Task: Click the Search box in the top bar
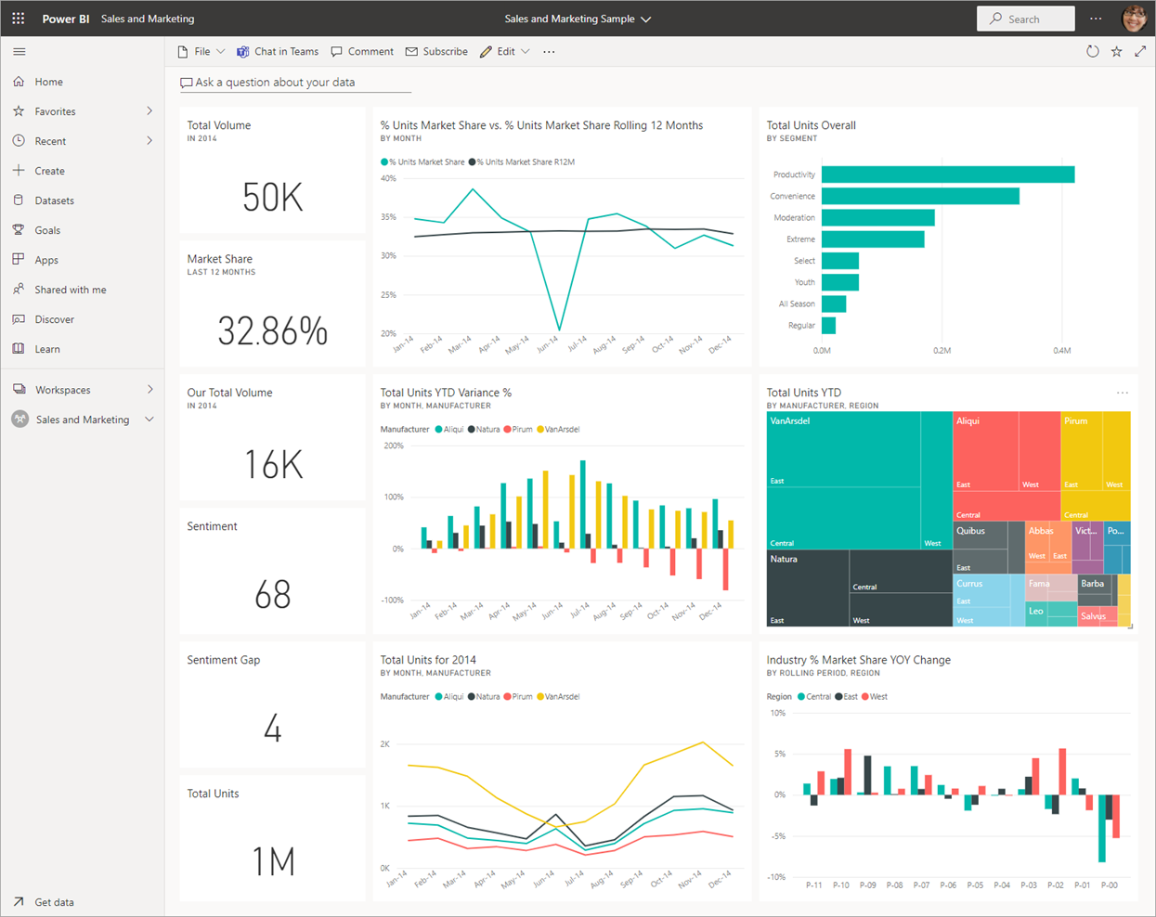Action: pos(1025,19)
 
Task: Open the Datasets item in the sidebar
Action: pos(54,200)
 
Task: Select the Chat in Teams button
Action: pos(278,52)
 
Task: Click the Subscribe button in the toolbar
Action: pos(436,52)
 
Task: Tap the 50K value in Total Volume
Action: pos(272,198)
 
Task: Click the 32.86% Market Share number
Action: pos(272,331)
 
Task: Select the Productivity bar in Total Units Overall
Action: pos(947,174)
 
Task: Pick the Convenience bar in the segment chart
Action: pos(919,196)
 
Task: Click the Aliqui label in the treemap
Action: pos(968,421)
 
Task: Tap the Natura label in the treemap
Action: pos(784,560)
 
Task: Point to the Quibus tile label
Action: pos(970,532)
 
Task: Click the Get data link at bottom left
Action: pos(54,902)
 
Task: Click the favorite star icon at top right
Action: pos(1116,52)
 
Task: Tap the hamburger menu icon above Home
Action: pos(19,52)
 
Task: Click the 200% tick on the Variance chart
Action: pos(393,446)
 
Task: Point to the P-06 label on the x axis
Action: pos(947,885)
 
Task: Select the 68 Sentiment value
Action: pos(272,595)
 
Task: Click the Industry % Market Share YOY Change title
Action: pos(858,660)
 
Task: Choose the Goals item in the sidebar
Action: pos(47,230)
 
